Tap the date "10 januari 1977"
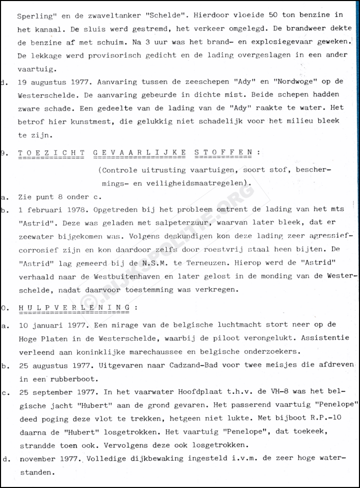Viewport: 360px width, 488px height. click(x=54, y=325)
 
